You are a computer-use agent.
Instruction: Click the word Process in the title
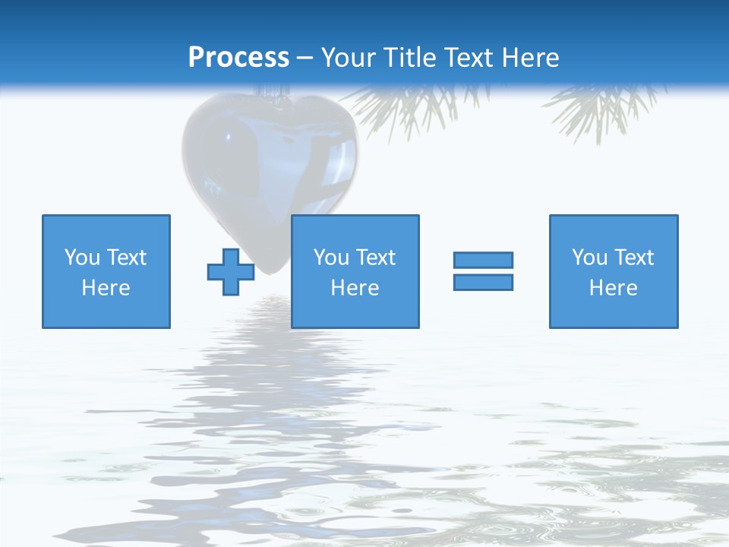tap(238, 58)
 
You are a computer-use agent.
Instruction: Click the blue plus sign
tap(231, 272)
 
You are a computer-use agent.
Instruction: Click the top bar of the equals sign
tap(483, 260)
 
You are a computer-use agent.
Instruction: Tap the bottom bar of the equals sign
tap(483, 282)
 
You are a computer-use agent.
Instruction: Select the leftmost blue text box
tap(106, 271)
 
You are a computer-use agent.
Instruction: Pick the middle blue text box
tap(355, 271)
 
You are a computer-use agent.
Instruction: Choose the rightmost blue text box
tap(614, 271)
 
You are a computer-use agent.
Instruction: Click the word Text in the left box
tap(126, 258)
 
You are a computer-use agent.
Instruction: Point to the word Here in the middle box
tap(355, 288)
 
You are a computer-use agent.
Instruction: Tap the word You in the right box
tap(590, 258)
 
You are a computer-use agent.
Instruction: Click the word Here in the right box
tap(614, 288)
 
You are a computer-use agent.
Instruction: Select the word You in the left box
tap(83, 258)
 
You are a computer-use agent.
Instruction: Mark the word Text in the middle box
tap(375, 258)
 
